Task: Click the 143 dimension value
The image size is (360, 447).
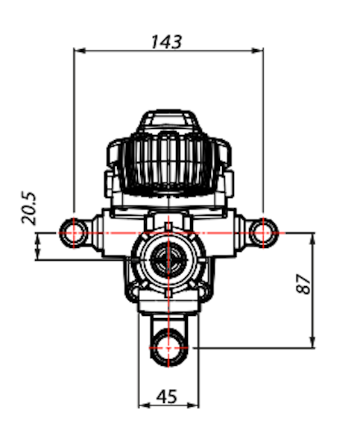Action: click(x=166, y=42)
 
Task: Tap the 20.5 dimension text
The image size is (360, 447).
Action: click(x=29, y=208)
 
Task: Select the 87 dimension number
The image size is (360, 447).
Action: click(x=303, y=284)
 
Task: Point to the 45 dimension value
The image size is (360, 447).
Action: click(x=167, y=396)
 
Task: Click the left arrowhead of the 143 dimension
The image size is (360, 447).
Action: click(x=80, y=51)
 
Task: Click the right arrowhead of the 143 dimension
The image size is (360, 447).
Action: click(x=257, y=51)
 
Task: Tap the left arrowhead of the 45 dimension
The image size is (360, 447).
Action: click(x=145, y=405)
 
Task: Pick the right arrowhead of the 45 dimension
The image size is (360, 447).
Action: click(x=193, y=405)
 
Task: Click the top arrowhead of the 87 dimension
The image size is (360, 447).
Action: click(x=312, y=239)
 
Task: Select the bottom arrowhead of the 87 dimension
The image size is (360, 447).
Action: click(x=312, y=342)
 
